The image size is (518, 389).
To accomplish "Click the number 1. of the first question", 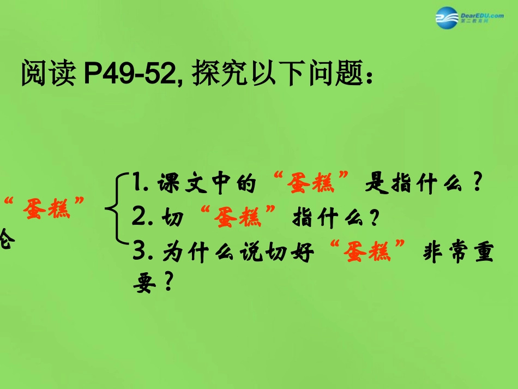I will pos(141,185).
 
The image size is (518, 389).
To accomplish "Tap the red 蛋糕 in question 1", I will pos(318,185).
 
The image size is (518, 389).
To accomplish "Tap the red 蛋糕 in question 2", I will pos(238,219).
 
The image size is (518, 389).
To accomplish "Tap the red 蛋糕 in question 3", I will pos(369,253).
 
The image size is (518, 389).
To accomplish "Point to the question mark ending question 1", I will pos(478,185).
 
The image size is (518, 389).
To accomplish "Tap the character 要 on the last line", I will pos(144,282).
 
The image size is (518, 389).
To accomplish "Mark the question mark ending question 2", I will pos(374,219).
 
